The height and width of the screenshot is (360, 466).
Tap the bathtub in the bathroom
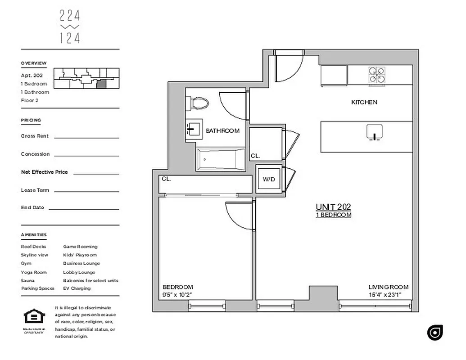221,159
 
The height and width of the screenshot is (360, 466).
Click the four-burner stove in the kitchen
377,75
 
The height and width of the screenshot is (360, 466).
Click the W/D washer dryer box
269,179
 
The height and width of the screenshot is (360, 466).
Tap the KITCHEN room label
364,102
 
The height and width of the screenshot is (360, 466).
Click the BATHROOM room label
222,131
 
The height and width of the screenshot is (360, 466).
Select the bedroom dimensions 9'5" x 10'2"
177,295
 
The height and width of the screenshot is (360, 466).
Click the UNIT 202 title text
333,207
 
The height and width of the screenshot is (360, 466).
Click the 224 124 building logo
70,27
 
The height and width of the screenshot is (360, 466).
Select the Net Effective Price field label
44,172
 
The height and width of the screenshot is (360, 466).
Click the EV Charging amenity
77,288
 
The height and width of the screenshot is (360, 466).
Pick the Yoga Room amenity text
34,272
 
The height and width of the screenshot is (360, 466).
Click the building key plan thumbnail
86,78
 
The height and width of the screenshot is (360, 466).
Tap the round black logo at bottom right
435,333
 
